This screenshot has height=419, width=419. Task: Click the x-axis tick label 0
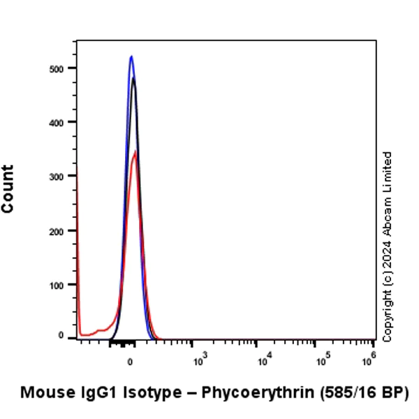[x=130, y=362]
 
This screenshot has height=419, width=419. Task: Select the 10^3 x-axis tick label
[x=198, y=361]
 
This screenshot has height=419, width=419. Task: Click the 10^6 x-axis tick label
[x=369, y=361]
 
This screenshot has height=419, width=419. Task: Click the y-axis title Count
[x=8, y=189]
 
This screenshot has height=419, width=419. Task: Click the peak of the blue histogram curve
[x=131, y=56]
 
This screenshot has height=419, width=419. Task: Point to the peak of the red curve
[x=136, y=151]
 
